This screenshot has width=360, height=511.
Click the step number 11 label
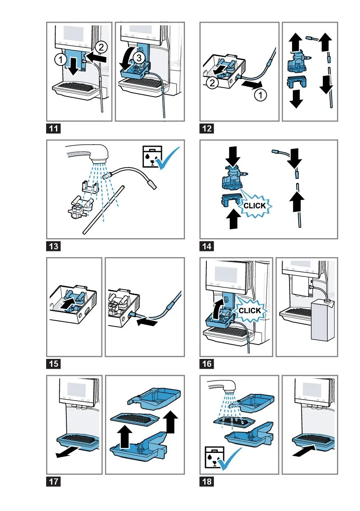point(54,129)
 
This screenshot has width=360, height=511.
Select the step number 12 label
point(207,129)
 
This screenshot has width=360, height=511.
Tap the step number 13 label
point(54,246)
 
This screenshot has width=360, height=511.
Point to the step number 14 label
point(207,246)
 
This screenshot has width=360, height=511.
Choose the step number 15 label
point(54,364)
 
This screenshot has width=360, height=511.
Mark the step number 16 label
point(207,364)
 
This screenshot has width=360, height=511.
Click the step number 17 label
point(54,481)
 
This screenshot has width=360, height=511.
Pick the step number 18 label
point(207,481)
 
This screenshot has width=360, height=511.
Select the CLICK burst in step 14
point(255,205)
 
